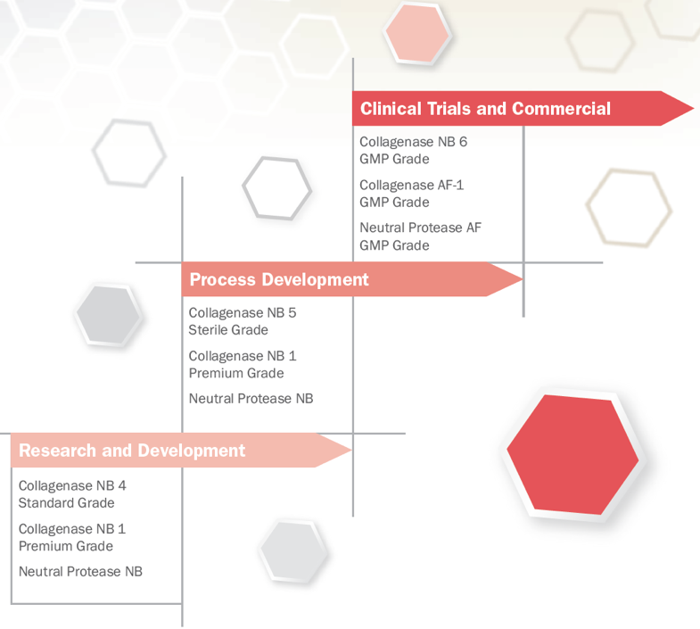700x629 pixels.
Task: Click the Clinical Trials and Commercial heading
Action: pyautogui.click(x=485, y=109)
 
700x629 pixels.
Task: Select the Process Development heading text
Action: pyautogui.click(x=279, y=279)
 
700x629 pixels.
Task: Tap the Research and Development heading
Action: pyautogui.click(x=132, y=451)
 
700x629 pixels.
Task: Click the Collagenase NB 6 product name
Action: pyautogui.click(x=414, y=142)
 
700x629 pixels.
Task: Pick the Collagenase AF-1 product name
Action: pyautogui.click(x=412, y=185)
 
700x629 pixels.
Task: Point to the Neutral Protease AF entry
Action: pyautogui.click(x=421, y=228)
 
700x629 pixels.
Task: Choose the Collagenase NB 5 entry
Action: pyautogui.click(x=243, y=312)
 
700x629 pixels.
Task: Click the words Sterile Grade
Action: pyautogui.click(x=228, y=330)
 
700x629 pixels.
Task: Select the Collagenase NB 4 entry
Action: pyautogui.click(x=72, y=485)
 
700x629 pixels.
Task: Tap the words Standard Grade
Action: pyautogui.click(x=67, y=502)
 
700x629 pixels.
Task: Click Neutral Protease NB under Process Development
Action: pyautogui.click(x=251, y=398)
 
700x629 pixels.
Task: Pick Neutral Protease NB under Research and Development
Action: pyautogui.click(x=80, y=571)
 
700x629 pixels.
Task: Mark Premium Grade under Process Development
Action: pyautogui.click(x=236, y=373)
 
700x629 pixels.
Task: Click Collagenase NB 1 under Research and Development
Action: pyautogui.click(x=72, y=529)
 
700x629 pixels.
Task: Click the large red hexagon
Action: pyautogui.click(x=572, y=454)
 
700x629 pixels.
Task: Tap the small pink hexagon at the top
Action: pyautogui.click(x=417, y=34)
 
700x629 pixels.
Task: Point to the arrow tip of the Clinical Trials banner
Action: pyautogui.click(x=693, y=109)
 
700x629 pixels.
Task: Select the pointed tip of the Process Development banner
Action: pyautogui.click(x=523, y=279)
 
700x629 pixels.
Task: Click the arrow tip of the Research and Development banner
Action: pyautogui.click(x=352, y=451)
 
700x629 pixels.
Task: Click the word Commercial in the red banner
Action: pyautogui.click(x=561, y=109)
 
